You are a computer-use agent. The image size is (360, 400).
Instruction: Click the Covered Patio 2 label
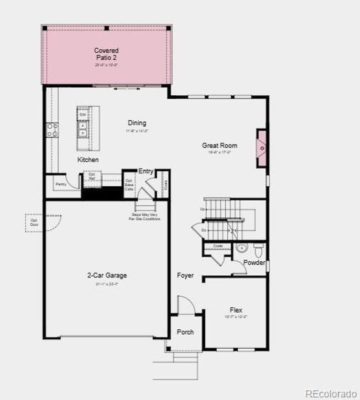point(106,54)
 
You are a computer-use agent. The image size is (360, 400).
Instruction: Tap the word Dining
point(137,123)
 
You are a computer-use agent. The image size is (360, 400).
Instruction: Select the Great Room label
point(219,145)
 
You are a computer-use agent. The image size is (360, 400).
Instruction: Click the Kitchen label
point(88,160)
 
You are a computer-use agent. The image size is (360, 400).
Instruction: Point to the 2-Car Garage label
point(107,275)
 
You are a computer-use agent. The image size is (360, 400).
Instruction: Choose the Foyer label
point(185,275)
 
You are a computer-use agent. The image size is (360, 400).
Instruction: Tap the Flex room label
point(236,310)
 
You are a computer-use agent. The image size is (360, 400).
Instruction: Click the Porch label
point(185,332)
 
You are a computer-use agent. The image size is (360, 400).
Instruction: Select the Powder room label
point(254,263)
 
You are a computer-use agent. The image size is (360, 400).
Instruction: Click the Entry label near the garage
point(146,171)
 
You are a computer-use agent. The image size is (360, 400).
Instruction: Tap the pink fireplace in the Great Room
point(262,149)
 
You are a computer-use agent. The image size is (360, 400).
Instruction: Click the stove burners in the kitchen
point(52,130)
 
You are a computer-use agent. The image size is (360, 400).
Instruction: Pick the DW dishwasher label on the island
point(83,115)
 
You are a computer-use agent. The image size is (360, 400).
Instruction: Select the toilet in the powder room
point(259,249)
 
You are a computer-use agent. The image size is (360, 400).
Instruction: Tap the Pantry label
point(60,183)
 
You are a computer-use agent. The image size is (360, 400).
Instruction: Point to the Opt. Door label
point(34,221)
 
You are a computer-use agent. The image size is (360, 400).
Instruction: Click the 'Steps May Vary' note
point(145,217)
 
